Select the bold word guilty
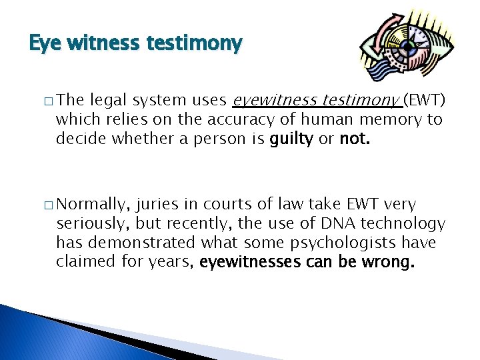(x=289, y=139)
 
